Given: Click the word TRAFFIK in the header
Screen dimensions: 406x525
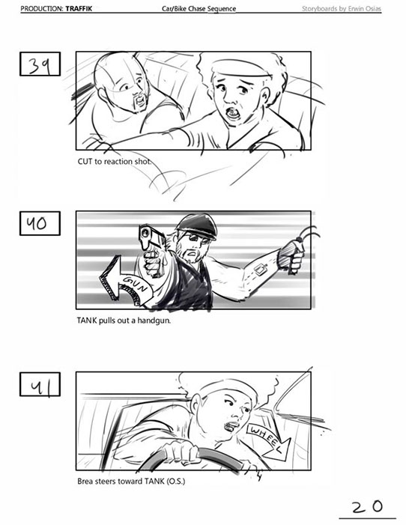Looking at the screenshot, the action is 79,8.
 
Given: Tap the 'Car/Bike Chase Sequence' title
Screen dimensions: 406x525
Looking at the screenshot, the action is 199,8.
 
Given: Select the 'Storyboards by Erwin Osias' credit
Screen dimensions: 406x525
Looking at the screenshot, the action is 342,8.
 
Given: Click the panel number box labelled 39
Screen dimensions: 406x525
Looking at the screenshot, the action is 40,64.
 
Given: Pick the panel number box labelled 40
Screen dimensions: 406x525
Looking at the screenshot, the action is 40,223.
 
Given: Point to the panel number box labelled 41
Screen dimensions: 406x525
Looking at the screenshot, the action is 40,384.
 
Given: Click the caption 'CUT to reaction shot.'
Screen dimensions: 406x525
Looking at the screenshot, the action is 114,161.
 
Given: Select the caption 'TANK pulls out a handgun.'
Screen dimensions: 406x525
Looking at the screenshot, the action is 124,321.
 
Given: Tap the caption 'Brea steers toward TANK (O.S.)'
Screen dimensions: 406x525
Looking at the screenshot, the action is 131,481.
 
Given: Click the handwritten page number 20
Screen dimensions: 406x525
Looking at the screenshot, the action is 367,506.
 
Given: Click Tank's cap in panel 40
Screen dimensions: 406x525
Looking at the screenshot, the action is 197,225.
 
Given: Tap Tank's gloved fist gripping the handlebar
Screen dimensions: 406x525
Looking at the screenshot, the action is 291,256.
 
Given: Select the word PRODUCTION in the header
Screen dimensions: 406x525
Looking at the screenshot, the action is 42,8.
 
